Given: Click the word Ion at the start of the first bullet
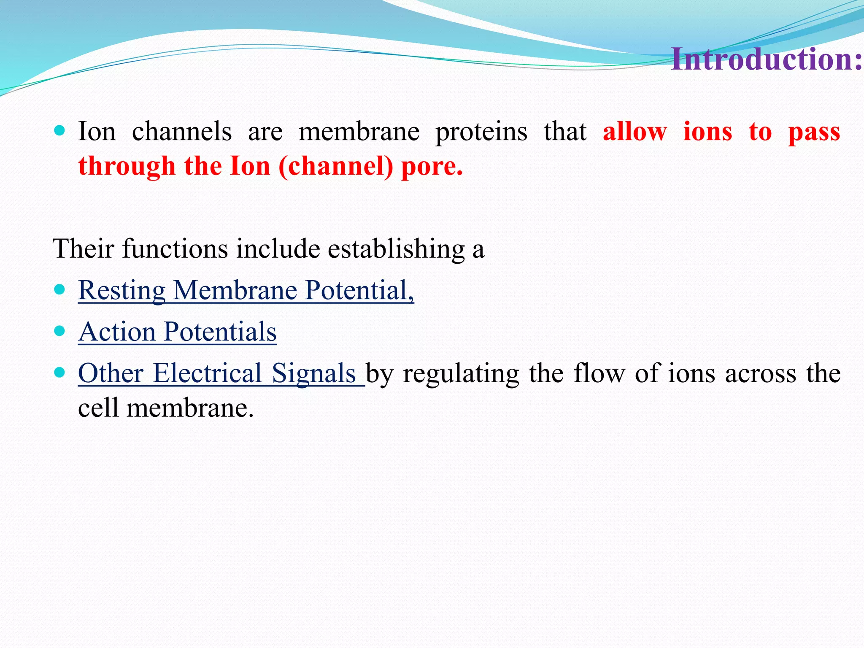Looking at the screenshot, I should tap(97, 131).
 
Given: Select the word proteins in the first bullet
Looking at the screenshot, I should tap(481, 131).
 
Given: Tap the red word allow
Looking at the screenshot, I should tap(634, 131).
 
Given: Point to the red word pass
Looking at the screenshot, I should tap(814, 132).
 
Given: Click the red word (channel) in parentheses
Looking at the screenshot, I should tap(335, 166).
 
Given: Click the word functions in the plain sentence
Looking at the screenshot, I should tap(175, 248).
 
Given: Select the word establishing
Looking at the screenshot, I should tap(396, 248).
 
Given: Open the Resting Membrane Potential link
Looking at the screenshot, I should tap(246, 290).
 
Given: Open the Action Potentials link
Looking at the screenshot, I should tap(177, 332).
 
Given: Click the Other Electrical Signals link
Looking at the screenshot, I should tap(217, 373).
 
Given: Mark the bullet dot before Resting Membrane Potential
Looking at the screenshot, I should tap(59, 289).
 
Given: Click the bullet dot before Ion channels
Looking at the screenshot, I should tap(59, 130).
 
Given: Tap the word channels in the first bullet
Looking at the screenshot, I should tap(181, 131).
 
